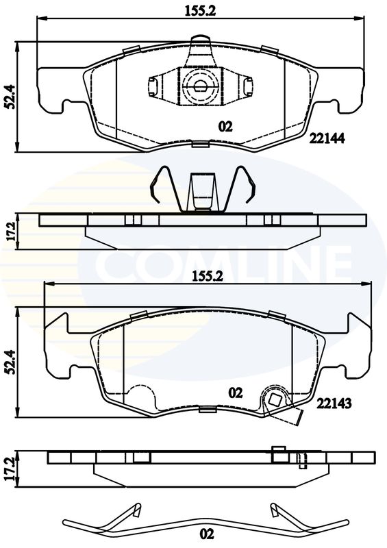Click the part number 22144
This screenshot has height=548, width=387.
[x=327, y=139]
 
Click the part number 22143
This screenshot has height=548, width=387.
[x=334, y=403]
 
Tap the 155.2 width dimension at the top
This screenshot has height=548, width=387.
[x=200, y=11]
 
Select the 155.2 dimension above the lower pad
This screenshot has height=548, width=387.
[x=208, y=277]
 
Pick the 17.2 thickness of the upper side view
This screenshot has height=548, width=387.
[x=11, y=231]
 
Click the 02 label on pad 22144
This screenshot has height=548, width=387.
[x=225, y=127]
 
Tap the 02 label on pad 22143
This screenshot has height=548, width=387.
[x=235, y=393]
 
